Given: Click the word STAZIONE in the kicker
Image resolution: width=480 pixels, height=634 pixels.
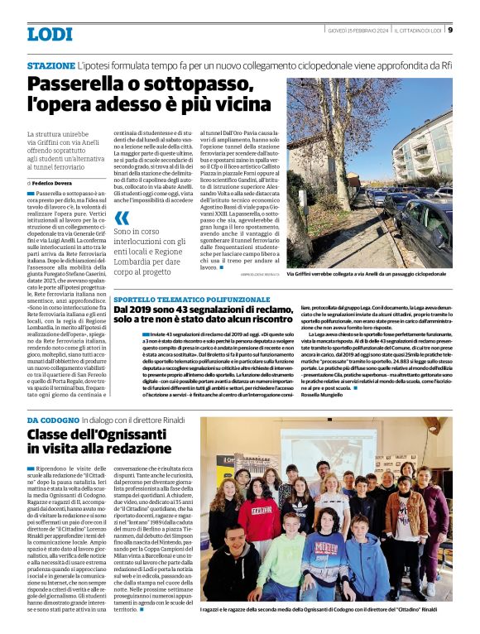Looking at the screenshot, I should (50, 65).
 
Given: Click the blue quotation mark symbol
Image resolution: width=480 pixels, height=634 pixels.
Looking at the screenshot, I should (122, 219).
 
